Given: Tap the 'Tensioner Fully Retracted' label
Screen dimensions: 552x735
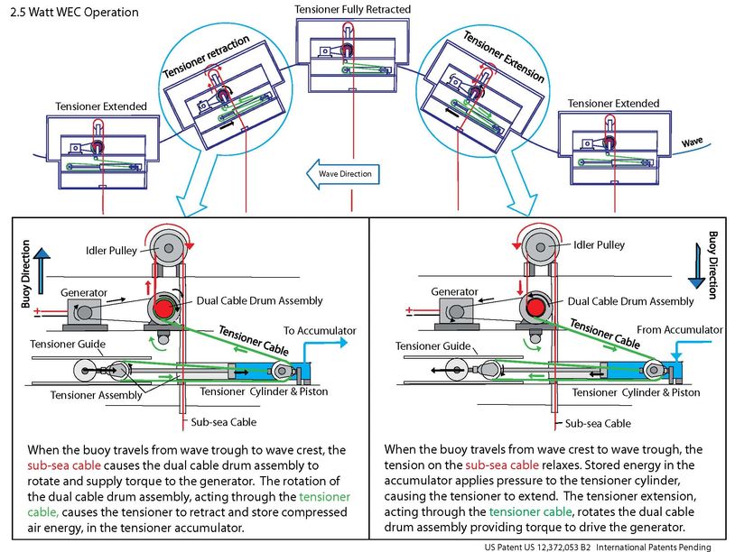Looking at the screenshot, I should point(352,9).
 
